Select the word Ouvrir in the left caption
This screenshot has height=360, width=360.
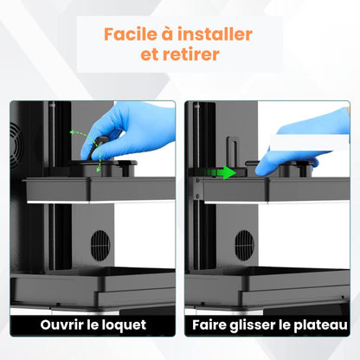pos(73,325)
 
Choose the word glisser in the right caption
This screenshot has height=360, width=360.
pos(260,326)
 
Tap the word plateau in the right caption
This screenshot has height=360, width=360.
pos(320,326)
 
